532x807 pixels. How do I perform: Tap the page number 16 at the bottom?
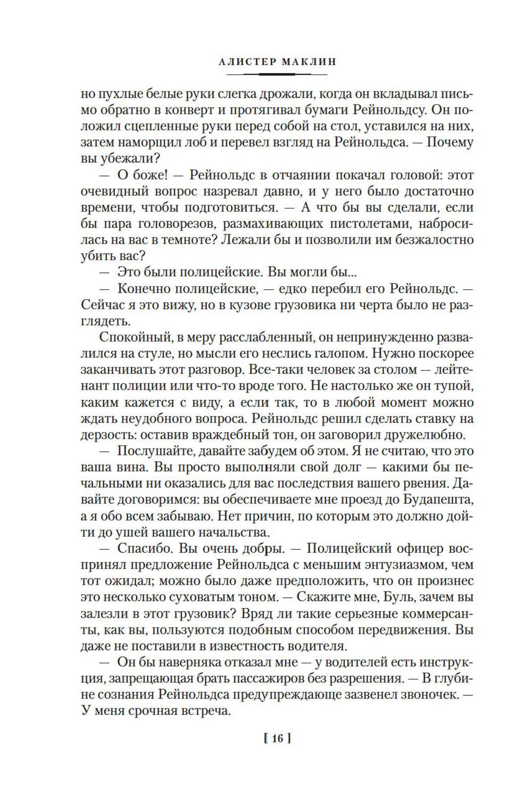pos(277,738)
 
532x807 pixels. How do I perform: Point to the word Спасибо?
pos(141,548)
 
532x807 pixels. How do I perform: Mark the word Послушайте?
pos(153,451)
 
